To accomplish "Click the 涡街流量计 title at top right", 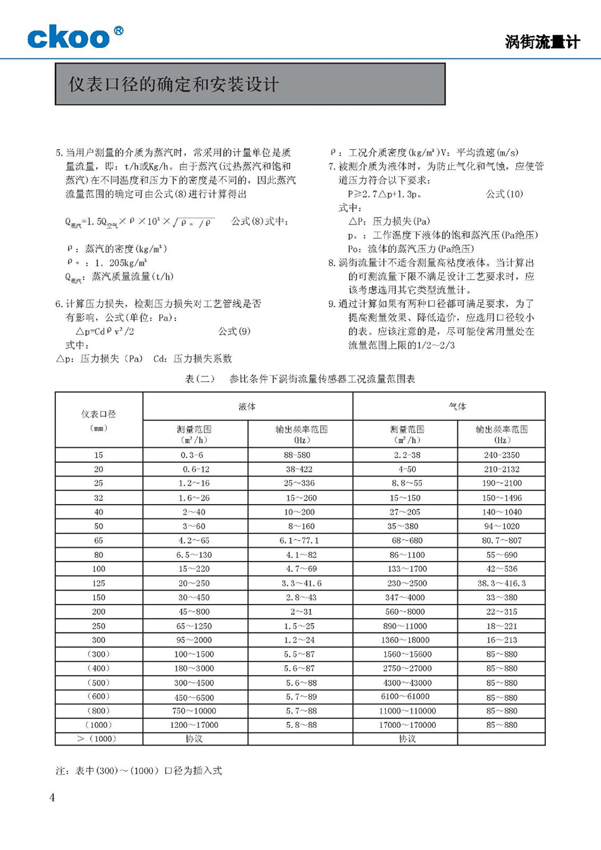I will click(x=542, y=42).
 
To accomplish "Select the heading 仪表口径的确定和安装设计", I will click(x=173, y=85).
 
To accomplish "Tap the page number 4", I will click(x=52, y=798).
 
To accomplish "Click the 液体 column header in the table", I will click(x=247, y=407).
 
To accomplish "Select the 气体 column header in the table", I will click(x=457, y=407).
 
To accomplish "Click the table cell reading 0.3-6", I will click(x=192, y=455).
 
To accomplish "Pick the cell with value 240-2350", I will click(x=502, y=455).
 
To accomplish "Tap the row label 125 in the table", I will click(x=99, y=583).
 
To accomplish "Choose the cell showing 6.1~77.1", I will click(x=299, y=541).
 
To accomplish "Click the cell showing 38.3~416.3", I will click(x=502, y=583).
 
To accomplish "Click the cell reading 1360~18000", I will click(x=406, y=640).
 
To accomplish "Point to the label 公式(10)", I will click(x=504, y=194).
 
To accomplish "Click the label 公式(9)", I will click(x=234, y=331).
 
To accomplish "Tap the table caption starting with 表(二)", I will click(x=300, y=379).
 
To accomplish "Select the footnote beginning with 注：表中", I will click(x=139, y=771).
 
